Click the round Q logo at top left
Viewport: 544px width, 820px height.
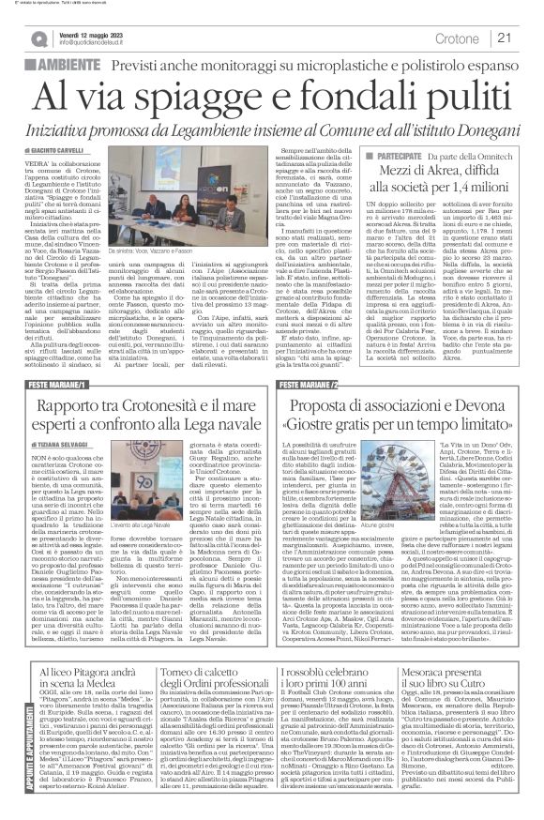[38, 38]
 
